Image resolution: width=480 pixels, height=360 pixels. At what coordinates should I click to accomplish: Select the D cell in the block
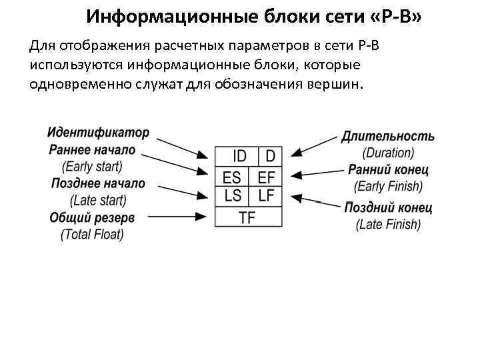(x=270, y=157)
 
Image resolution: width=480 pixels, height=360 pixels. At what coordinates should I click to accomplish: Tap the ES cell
(x=232, y=177)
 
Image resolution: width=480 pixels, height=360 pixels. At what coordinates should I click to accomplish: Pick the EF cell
(x=266, y=177)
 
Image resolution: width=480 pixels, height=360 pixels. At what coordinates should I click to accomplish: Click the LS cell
(x=233, y=196)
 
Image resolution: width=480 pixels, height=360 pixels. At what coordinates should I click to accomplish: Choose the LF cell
(x=266, y=196)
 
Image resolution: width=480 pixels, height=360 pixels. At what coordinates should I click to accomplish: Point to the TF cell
(x=247, y=217)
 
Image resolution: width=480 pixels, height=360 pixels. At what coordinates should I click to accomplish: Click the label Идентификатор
(x=99, y=133)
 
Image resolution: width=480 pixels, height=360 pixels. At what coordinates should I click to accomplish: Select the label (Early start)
(x=92, y=167)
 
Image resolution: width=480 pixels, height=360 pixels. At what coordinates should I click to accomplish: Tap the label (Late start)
(x=98, y=200)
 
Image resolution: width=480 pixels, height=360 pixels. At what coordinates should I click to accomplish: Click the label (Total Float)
(x=92, y=235)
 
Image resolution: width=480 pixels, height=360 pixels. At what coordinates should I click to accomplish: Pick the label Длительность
(x=388, y=137)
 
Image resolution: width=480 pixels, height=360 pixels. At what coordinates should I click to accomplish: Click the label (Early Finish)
(x=388, y=187)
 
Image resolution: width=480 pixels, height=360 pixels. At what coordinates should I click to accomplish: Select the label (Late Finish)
(x=388, y=225)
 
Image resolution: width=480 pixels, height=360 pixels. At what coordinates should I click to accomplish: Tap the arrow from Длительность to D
(x=316, y=148)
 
